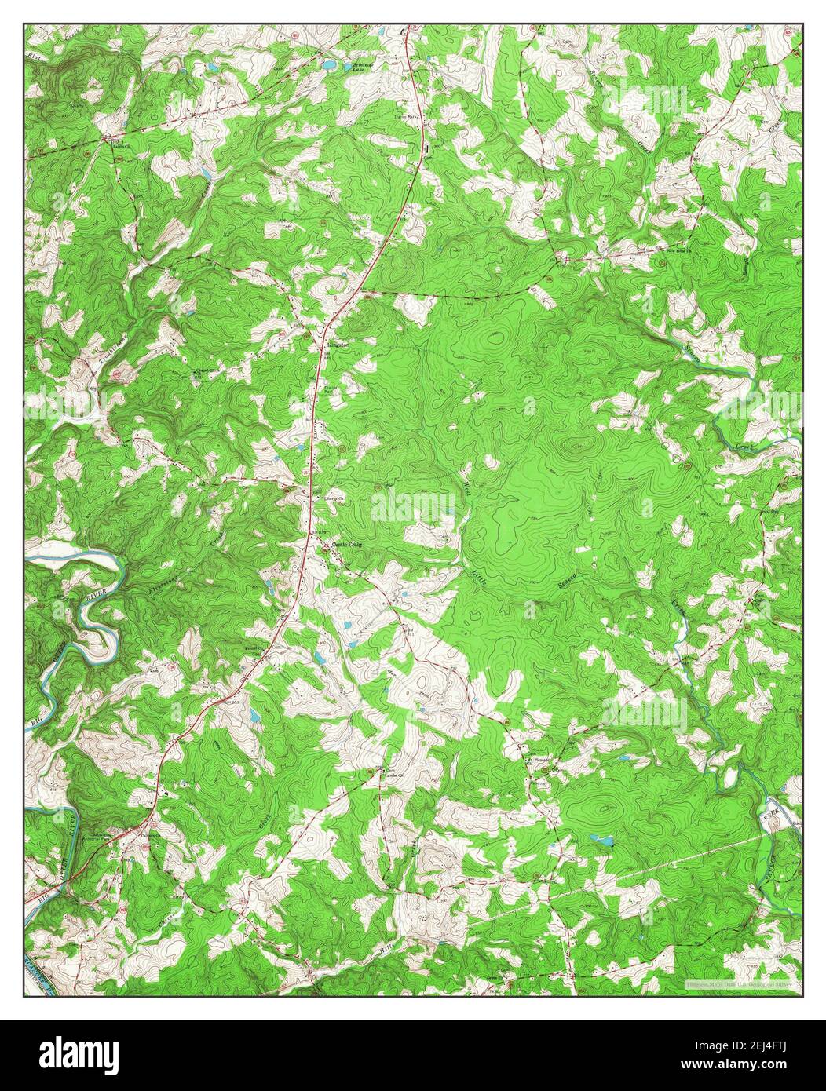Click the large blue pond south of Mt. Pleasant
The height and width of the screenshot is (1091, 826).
point(603,842)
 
